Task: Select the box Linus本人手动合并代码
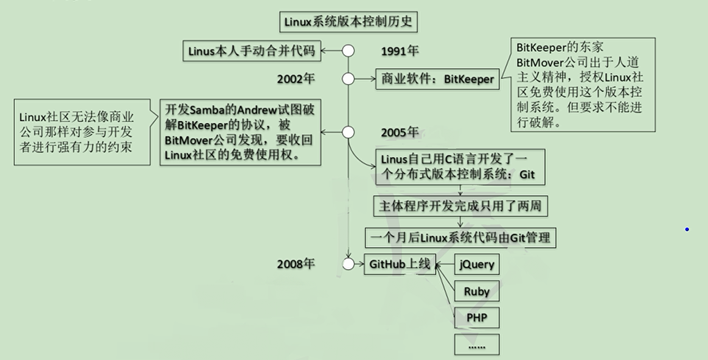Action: pos(251,51)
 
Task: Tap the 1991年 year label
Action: pos(400,52)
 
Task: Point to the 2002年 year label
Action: pos(296,78)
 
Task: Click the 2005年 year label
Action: pos(400,133)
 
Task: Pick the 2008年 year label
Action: pos(296,264)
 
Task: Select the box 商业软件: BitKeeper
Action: pos(437,79)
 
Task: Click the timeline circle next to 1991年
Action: pos(349,51)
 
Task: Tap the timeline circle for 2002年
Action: pos(349,78)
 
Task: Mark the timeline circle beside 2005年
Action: pos(349,132)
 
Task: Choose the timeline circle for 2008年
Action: pos(349,264)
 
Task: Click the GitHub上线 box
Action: pos(401,264)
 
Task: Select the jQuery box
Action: pos(476,264)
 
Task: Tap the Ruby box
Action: pos(476,291)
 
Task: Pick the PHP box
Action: pos(476,318)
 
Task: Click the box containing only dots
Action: pos(476,345)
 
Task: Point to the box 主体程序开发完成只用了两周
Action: pos(459,206)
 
